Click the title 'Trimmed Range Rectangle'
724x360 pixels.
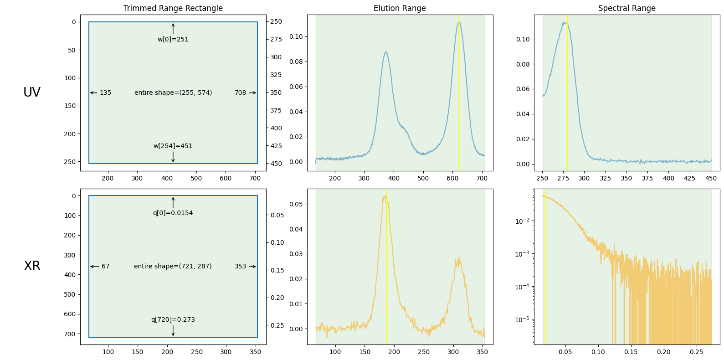(173, 8)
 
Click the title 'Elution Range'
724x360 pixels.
(400, 8)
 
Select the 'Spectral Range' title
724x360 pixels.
(626, 8)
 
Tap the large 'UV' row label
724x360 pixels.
(32, 93)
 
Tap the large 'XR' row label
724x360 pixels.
(32, 266)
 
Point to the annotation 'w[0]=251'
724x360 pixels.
(173, 40)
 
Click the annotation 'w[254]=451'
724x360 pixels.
(173, 146)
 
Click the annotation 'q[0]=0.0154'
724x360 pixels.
(173, 213)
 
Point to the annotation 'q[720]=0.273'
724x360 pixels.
(173, 320)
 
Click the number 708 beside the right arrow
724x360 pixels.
(240, 93)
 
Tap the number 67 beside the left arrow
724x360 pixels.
(105, 267)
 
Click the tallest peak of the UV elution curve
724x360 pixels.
(459, 22)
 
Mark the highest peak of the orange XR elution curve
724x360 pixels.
(385, 196)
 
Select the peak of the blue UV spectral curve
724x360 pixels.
(565, 22)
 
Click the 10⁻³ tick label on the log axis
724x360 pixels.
(522, 254)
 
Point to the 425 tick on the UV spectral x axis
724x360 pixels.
(689, 178)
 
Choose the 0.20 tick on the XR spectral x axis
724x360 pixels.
(664, 352)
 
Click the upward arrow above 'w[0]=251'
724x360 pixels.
(173, 29)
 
